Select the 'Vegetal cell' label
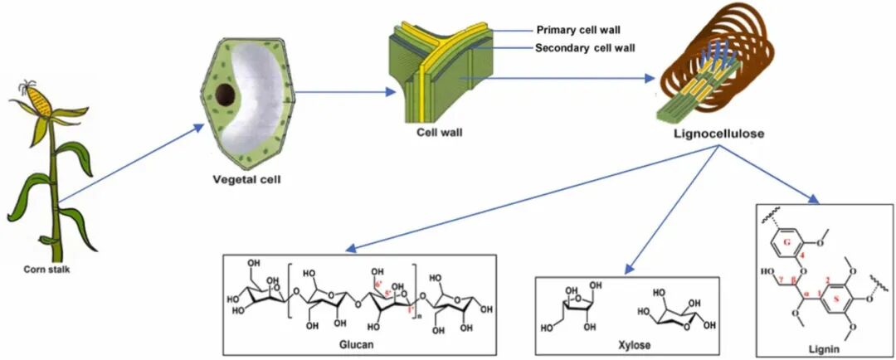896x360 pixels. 241,177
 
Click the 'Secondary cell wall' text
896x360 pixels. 585,48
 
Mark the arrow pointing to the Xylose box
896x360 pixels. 671,207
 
